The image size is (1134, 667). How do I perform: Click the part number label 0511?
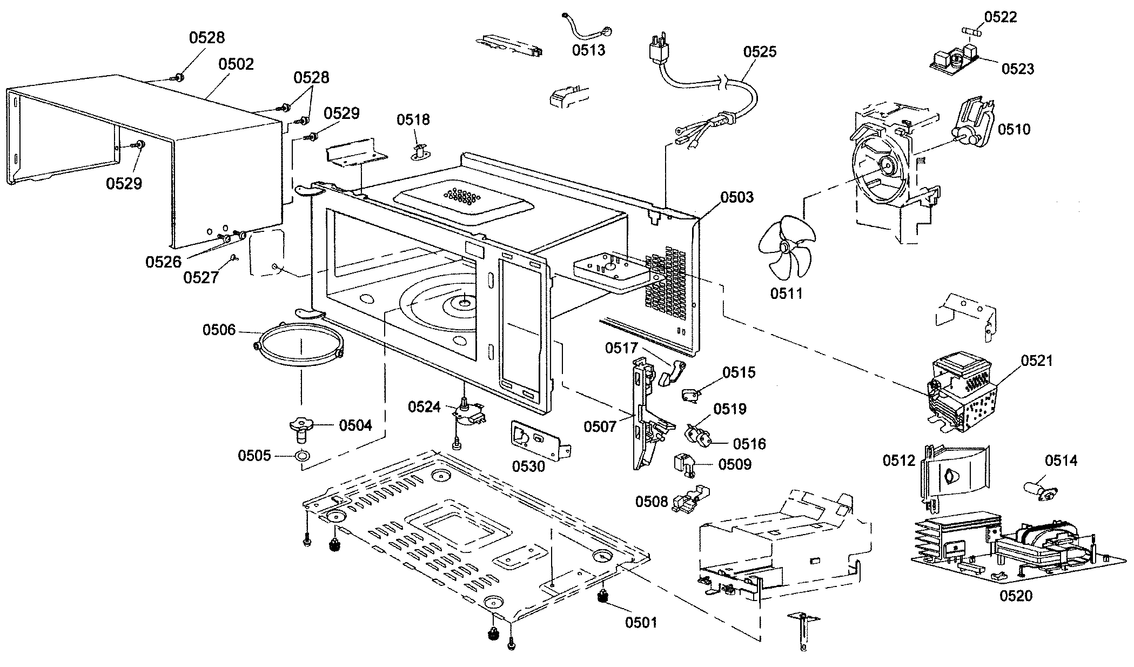[x=787, y=294]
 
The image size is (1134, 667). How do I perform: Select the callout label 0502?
[x=236, y=64]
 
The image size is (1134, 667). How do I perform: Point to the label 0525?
[x=760, y=52]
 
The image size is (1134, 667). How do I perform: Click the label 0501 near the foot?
[x=641, y=622]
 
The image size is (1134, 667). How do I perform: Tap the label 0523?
[x=1018, y=69]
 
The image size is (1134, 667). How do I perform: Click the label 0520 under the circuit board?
[x=1016, y=596]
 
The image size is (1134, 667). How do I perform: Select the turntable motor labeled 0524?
[x=468, y=415]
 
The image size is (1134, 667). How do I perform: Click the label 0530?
[x=528, y=466]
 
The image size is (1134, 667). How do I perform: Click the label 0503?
[x=737, y=197]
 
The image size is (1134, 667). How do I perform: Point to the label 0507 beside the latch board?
[x=600, y=427]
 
